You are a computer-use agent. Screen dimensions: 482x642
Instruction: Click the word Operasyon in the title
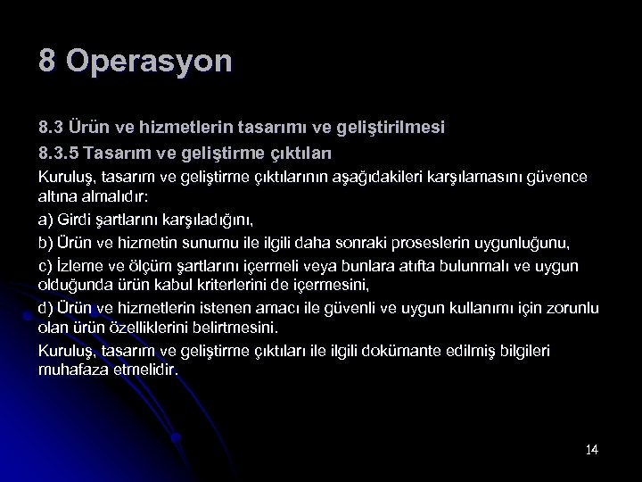[148, 62]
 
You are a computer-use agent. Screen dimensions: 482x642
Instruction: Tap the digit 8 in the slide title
[47, 61]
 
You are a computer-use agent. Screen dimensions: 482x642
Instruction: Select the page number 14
[591, 449]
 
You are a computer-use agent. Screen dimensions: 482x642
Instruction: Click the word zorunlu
[570, 308]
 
